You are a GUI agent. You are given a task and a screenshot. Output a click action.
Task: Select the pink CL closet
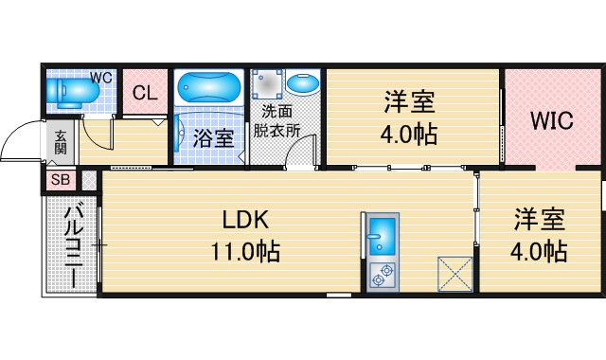144,93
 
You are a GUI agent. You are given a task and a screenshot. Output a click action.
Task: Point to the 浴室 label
213,137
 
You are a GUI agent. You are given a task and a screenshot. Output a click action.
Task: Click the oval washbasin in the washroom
303,85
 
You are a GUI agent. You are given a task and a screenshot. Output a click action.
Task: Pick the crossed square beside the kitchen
454,275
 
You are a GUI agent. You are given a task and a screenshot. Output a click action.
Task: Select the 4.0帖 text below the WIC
541,252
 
